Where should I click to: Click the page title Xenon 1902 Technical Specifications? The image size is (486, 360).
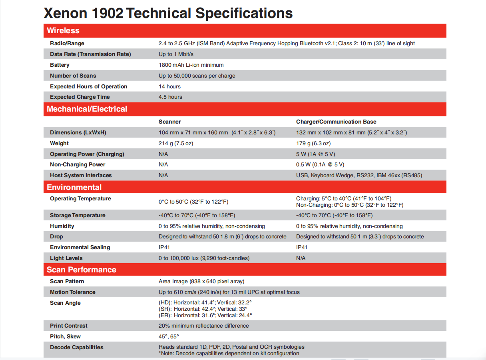[168, 13]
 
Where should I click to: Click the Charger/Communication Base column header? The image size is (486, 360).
[336, 122]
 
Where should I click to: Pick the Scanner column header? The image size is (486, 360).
[169, 122]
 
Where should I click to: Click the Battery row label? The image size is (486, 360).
[60, 65]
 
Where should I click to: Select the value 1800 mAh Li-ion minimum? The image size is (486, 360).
[191, 65]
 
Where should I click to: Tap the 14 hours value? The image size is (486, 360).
[169, 87]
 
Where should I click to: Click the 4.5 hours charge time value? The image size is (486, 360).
[170, 97]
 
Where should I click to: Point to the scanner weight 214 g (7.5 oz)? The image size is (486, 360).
[176, 144]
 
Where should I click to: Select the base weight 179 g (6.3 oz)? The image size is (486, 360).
[313, 144]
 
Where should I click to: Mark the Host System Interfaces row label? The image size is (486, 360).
[81, 176]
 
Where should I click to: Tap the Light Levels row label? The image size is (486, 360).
[66, 258]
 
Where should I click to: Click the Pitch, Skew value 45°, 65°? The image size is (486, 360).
[169, 337]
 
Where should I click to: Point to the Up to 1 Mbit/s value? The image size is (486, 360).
[176, 54]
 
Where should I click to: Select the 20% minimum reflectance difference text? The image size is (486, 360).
[203, 326]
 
